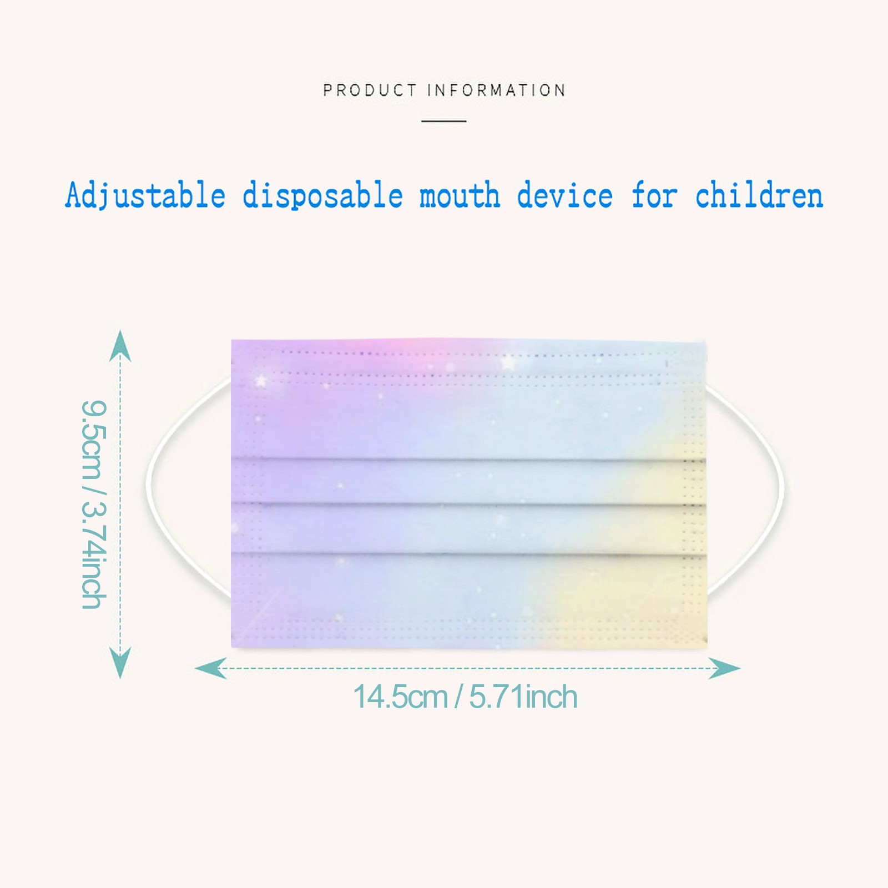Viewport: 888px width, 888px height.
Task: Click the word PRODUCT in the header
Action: (370, 90)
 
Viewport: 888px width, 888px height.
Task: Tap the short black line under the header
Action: (443, 120)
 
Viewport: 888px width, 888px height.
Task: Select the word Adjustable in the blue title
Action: (145, 196)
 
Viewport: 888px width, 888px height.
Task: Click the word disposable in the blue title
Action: (322, 196)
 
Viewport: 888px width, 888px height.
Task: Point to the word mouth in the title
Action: (460, 196)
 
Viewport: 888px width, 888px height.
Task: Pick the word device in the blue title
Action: (565, 196)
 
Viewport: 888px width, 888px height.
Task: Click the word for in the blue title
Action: (654, 196)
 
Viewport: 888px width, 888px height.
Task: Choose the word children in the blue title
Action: (759, 196)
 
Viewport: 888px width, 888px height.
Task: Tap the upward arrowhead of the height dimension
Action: (120, 345)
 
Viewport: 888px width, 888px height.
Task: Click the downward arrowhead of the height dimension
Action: (120, 663)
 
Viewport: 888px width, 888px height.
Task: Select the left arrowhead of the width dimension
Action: (211, 668)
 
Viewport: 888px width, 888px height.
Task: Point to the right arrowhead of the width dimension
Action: (724, 668)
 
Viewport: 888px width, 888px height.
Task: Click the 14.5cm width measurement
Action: (400, 697)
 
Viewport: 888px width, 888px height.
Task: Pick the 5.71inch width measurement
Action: (523, 697)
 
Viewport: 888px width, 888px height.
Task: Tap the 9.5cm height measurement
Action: (92, 439)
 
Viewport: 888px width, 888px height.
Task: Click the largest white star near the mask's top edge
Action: (508, 364)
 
